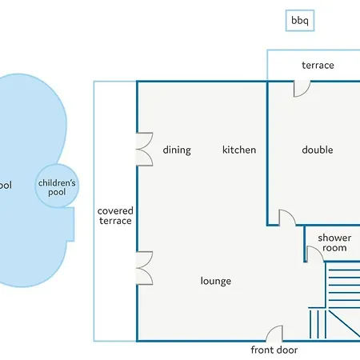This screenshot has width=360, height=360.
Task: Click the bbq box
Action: [300, 21]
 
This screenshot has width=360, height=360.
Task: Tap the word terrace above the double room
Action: [318, 66]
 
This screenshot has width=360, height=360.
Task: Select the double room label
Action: [318, 150]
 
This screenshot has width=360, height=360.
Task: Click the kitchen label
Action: [239, 150]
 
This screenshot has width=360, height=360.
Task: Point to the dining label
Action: [177, 150]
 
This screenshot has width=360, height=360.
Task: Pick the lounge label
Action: [216, 281]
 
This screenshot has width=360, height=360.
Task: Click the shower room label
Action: [334, 242]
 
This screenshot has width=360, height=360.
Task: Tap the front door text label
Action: [274, 350]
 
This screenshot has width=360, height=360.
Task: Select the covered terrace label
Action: [115, 216]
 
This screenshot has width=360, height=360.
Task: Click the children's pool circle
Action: [57, 186]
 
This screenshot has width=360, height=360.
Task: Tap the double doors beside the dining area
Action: [145, 150]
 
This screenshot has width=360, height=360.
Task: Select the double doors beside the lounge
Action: [145, 268]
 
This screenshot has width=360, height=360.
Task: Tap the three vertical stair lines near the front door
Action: [318, 324]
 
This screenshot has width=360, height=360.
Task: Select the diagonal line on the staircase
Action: [344, 323]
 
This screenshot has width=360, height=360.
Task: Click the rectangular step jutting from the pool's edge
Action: [70, 225]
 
